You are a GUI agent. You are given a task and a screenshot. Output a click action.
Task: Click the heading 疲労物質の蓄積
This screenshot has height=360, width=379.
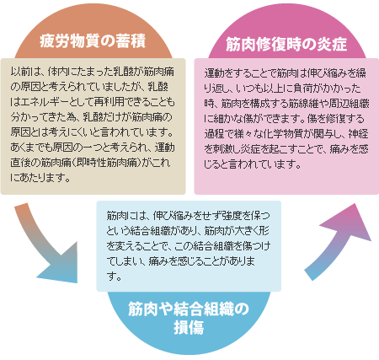tap(93, 41)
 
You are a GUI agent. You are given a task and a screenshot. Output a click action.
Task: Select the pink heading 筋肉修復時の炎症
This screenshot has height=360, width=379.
tap(286, 45)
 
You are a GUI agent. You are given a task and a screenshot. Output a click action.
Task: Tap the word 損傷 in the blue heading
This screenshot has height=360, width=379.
tap(189, 327)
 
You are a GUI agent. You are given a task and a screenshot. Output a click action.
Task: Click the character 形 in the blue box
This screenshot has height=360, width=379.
tap(264, 231)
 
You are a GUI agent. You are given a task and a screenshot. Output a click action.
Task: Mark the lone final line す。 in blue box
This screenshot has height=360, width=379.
tap(114, 277)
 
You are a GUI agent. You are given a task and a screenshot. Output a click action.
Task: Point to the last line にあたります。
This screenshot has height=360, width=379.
tap(40, 178)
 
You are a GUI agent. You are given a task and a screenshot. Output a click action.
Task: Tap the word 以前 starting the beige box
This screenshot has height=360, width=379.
tap(21, 72)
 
